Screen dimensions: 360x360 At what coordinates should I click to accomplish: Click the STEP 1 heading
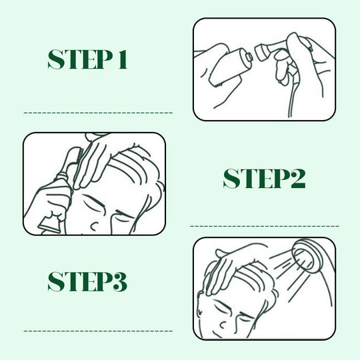point(87,59)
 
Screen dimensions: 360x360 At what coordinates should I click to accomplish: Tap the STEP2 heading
point(264,178)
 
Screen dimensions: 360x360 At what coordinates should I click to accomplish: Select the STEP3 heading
point(87,282)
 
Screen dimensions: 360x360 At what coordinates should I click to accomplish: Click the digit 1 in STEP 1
point(123,59)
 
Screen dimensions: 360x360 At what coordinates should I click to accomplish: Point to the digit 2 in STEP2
point(297,178)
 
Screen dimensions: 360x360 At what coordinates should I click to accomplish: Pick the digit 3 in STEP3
point(119,282)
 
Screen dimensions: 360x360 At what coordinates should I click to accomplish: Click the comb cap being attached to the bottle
point(262,52)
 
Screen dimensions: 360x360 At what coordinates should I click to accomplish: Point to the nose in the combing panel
point(95,226)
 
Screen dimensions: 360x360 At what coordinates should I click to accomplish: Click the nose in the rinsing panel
point(222,325)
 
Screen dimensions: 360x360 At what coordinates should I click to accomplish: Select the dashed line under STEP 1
point(98,113)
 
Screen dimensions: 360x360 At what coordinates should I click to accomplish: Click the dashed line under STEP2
point(265,227)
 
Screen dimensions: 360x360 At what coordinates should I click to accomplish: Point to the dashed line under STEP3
point(98,331)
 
